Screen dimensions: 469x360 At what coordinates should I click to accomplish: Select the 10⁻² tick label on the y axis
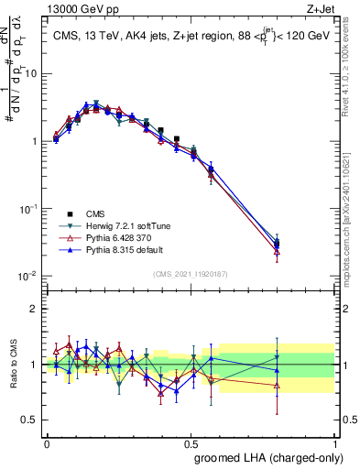coord(27,276)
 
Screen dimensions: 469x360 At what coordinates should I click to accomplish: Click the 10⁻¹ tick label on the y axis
coord(27,209)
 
